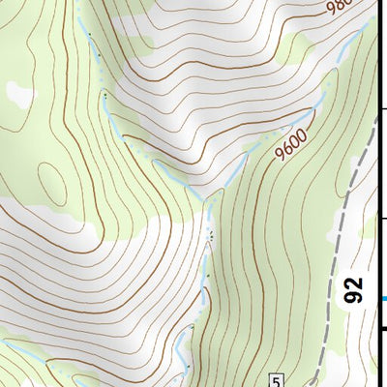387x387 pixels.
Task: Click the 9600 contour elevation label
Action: (290, 145)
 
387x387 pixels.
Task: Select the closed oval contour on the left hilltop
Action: (51, 178)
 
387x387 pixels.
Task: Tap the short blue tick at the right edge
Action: (383, 298)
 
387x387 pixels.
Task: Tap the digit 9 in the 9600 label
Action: (279, 158)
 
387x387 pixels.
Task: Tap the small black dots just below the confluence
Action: (209, 233)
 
